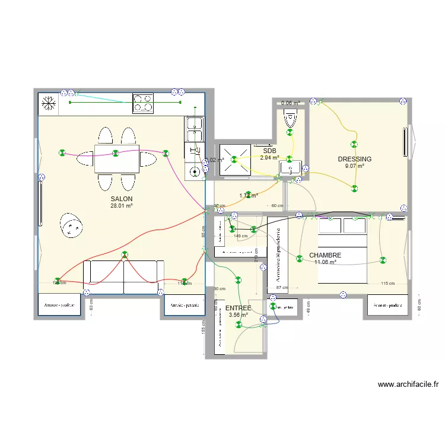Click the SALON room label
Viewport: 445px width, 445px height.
point(121,199)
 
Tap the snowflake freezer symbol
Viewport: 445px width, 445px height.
point(49,104)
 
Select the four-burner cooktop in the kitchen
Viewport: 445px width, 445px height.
point(143,104)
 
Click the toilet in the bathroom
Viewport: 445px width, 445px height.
point(290,118)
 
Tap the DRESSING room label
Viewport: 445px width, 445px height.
point(354,159)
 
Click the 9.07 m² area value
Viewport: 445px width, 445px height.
point(354,166)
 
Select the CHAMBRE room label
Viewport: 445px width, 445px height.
point(325,255)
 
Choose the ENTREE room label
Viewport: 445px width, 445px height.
point(238,309)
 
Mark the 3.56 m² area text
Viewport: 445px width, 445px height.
point(238,315)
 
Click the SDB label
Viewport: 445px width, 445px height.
point(269,151)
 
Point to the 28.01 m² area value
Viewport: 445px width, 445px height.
point(121,206)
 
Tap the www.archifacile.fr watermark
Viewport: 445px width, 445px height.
point(408,384)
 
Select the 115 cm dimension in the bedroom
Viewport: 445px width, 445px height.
point(388,284)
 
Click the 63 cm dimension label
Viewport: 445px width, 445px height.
point(91,305)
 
